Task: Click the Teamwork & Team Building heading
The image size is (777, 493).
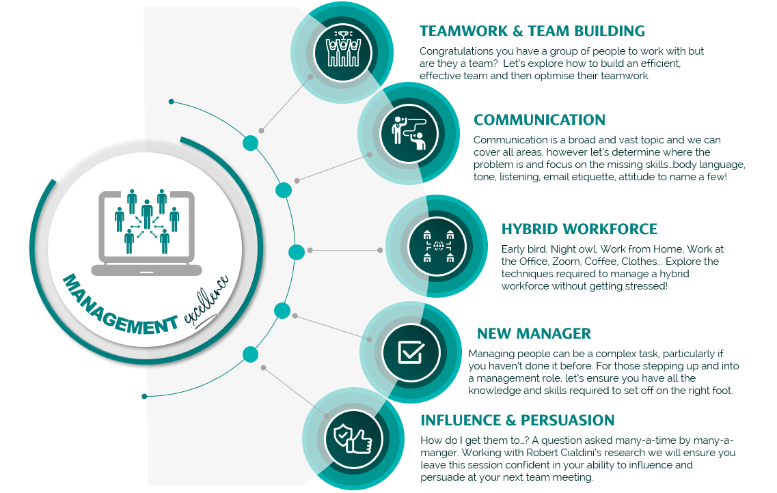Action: coord(532,31)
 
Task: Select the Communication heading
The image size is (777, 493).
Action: coord(539,120)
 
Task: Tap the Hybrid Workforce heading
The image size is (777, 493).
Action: coord(579,229)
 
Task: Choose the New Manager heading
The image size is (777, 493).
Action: coord(534,334)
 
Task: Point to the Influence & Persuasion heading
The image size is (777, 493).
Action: coord(517,420)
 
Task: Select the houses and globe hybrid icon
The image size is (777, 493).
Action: coord(438,245)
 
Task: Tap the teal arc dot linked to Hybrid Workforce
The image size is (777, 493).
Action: coord(296,252)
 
